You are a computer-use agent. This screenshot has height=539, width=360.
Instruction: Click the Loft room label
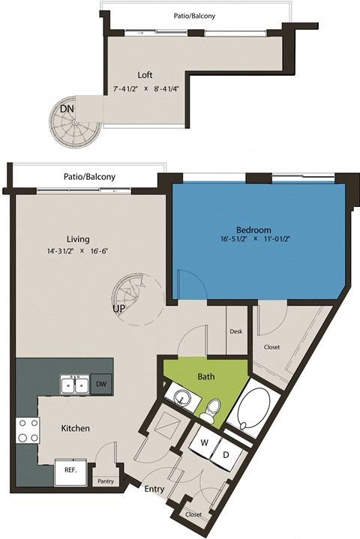(146, 75)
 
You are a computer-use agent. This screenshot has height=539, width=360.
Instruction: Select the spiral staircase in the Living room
(133, 292)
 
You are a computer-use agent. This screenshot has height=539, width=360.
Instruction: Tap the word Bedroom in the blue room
(253, 229)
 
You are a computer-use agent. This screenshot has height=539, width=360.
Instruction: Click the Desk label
(236, 331)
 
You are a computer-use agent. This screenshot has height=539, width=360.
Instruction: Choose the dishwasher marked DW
(101, 384)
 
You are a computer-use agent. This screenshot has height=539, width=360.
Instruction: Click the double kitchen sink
(75, 385)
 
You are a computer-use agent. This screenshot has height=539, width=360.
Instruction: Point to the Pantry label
(105, 481)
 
